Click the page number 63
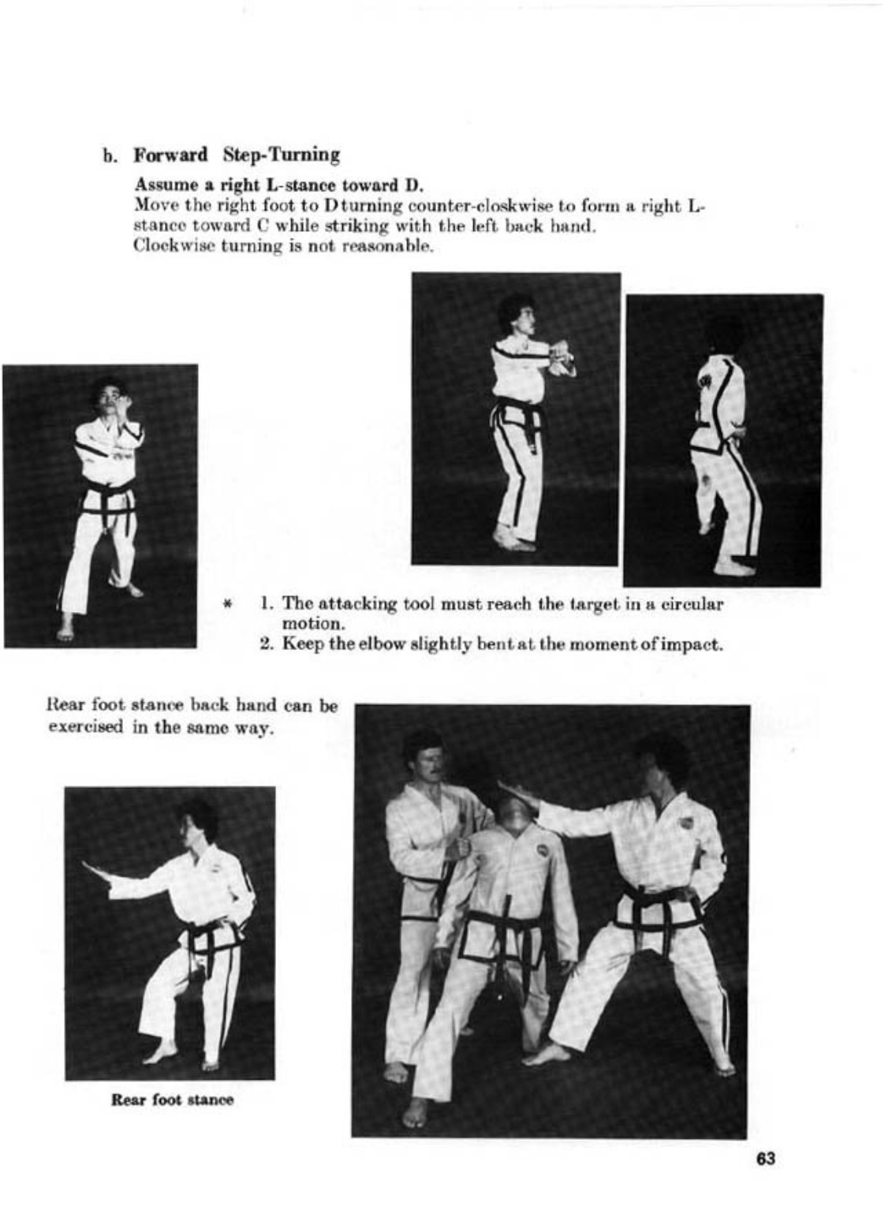pos(765,1159)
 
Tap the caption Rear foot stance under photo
pos(172,1099)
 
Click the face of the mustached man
pos(424,763)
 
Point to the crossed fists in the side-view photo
pos(562,352)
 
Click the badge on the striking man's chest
pos(686,823)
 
